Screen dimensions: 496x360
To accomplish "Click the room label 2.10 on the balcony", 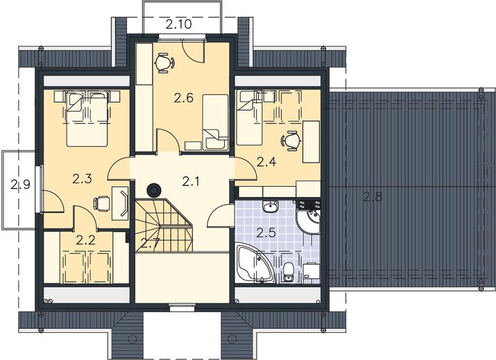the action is tap(178, 24).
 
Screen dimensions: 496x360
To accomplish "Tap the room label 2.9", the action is tap(21, 184).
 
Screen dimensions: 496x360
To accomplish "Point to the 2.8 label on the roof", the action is tap(373, 197).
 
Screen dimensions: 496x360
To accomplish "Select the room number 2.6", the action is tap(183, 98).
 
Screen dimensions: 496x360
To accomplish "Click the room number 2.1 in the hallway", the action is tap(191, 181).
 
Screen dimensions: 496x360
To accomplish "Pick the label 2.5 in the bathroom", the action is tap(266, 233).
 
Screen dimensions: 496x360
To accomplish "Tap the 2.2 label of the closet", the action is tap(86, 240).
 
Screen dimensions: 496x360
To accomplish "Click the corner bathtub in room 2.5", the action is tap(254, 264).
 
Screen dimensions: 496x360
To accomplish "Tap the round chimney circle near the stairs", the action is tap(154, 190).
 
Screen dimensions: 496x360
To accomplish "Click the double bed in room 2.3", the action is tap(87, 119).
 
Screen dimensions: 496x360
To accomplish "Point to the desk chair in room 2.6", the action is tap(164, 63).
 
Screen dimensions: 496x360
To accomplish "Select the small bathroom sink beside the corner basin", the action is tap(270, 207).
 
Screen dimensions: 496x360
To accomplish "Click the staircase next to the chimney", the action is tap(164, 225).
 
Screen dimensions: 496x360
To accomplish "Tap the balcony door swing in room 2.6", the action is tap(193, 51).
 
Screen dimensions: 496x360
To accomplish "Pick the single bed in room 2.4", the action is tap(250, 118).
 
